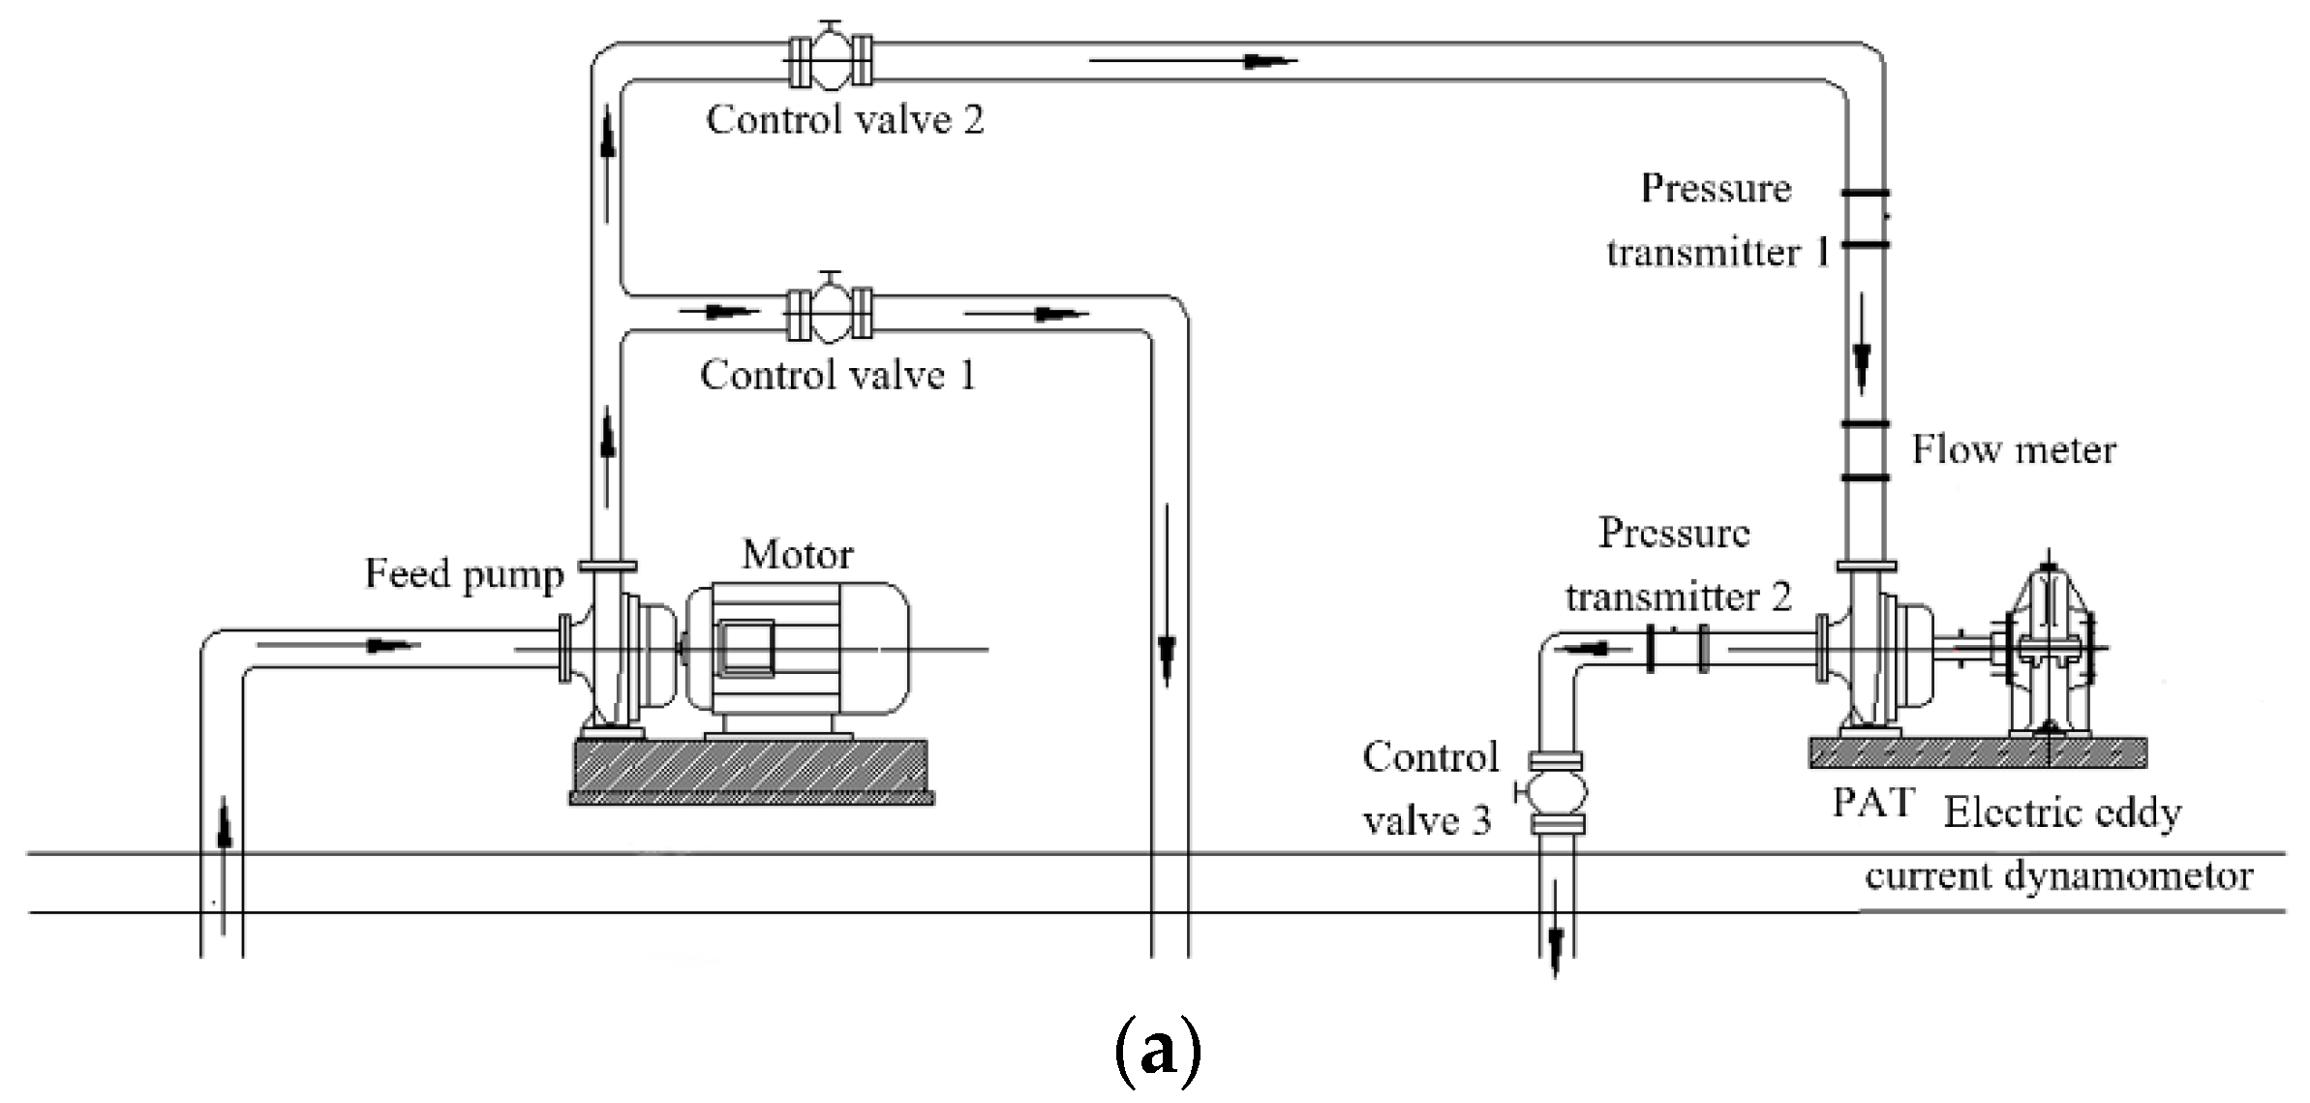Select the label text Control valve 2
point(844,120)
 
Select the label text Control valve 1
point(837,375)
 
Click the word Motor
point(797,555)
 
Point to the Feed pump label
point(463,575)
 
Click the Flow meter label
point(2014,450)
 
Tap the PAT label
point(1872,803)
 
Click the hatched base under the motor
point(751,770)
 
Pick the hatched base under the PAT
point(1977,752)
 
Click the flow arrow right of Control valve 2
point(1193,60)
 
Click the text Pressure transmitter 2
point(1677,566)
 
